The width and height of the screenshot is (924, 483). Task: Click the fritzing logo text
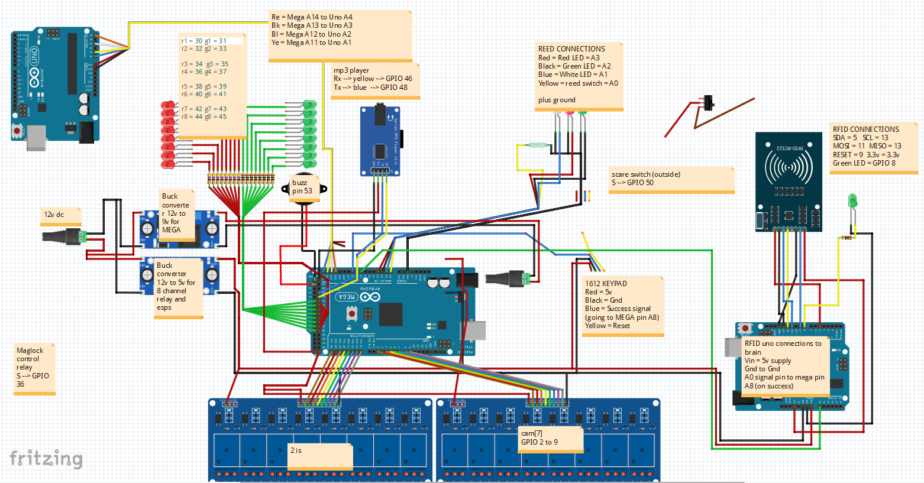(x=46, y=459)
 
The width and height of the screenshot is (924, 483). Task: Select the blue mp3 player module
(x=380, y=141)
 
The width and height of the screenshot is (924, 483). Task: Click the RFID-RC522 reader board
(x=789, y=181)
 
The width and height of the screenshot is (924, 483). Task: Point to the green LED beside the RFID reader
(x=852, y=201)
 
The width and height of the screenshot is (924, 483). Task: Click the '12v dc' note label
(x=54, y=215)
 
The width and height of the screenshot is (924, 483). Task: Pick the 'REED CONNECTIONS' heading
(x=571, y=49)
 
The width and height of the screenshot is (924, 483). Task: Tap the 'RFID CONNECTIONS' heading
(x=865, y=129)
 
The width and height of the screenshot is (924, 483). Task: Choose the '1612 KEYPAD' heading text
(x=606, y=284)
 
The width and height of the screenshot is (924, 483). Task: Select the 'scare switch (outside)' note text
(x=646, y=174)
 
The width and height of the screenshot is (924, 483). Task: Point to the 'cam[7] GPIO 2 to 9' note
(x=539, y=438)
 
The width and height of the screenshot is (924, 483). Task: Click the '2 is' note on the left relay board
(x=296, y=450)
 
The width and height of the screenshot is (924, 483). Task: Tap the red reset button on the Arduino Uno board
(x=17, y=129)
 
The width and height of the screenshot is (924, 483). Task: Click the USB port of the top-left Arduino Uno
(x=36, y=137)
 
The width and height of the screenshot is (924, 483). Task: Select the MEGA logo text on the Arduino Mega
(x=347, y=297)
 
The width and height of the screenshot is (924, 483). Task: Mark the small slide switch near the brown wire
(x=708, y=103)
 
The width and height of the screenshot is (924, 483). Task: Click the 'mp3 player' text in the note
(x=351, y=70)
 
